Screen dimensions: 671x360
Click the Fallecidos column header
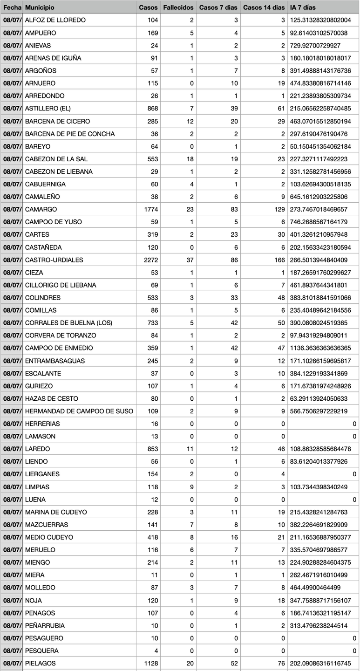[178, 7]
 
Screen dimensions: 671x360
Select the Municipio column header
[40, 7]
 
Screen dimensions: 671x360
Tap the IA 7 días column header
[303, 7]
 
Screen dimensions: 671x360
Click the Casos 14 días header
[264, 7]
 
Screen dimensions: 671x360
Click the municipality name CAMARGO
[41, 209]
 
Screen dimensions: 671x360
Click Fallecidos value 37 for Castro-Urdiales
[190, 260]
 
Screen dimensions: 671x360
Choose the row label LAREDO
[37, 449]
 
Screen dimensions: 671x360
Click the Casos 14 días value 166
[278, 260]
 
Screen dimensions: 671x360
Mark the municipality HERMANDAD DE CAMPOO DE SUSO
[79, 411]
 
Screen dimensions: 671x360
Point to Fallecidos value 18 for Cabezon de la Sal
[190, 159]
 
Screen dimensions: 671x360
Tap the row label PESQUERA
[41, 650]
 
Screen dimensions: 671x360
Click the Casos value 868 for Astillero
[151, 108]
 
